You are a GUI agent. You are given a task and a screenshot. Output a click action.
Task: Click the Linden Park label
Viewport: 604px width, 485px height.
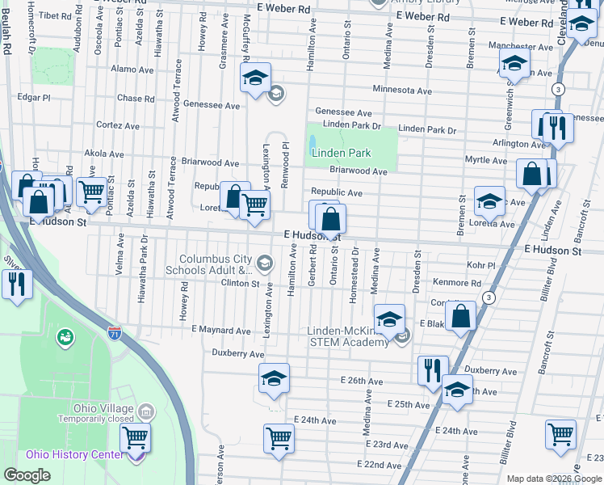[x=341, y=153]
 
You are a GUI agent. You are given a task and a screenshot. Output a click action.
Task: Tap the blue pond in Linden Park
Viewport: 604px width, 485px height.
[x=312, y=145]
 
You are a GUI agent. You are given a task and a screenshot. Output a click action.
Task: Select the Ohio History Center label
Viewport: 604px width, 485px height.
[x=75, y=453]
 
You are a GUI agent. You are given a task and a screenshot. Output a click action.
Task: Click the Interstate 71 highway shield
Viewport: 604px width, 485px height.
[x=115, y=332]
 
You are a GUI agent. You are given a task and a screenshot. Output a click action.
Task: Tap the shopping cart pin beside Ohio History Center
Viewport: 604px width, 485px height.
[x=135, y=439]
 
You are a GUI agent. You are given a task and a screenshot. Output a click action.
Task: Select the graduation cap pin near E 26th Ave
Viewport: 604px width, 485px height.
[x=274, y=377]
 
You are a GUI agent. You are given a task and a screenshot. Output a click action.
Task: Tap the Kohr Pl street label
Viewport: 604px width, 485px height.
[x=480, y=265]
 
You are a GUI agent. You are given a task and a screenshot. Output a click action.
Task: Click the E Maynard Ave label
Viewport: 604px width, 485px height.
[x=221, y=330]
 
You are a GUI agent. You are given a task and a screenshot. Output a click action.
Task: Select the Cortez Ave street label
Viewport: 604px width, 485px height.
[x=120, y=125]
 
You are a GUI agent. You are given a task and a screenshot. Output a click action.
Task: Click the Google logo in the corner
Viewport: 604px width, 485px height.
[x=27, y=475]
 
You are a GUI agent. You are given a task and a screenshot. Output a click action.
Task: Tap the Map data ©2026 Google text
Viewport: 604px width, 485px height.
[x=553, y=479]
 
